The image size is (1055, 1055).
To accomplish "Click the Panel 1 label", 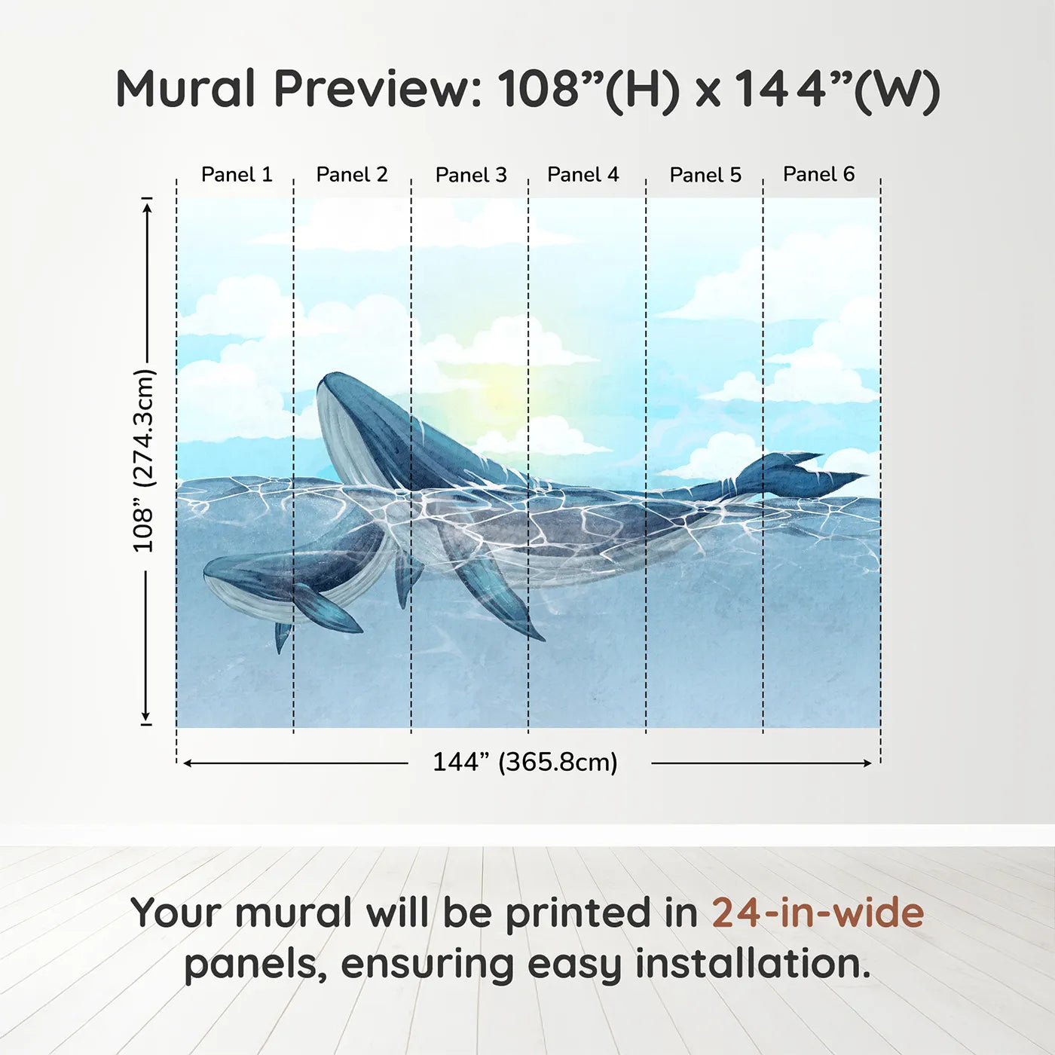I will (237, 175).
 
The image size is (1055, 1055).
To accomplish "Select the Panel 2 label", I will (352, 175).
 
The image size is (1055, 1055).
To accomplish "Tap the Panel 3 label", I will (471, 176).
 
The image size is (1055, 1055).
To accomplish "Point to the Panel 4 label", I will (583, 175).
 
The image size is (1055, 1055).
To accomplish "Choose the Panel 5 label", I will (705, 176).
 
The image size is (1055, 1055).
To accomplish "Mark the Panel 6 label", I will (819, 175).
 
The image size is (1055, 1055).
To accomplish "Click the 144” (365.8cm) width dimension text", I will (525, 763).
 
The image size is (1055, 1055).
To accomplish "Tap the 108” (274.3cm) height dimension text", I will (143, 460).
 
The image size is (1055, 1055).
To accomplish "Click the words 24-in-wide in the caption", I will (818, 913).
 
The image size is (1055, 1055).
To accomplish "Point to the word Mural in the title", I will (186, 89).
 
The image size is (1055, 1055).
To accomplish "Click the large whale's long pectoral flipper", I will (497, 595).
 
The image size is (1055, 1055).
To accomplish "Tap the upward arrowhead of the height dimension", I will (147, 205).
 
